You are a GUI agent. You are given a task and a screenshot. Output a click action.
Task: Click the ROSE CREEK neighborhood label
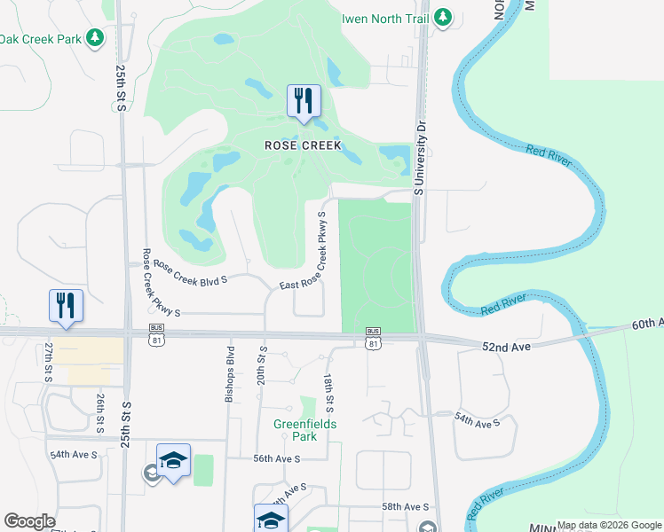pos(303,145)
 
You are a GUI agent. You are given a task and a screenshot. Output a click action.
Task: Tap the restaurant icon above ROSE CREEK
pos(304,101)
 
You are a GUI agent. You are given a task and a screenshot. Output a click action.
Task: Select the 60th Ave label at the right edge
pos(648,324)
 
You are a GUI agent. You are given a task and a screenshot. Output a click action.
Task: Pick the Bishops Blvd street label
pos(229,372)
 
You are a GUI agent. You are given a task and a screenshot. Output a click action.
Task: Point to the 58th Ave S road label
pos(405,506)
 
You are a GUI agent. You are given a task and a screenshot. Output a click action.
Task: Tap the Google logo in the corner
pos(29,521)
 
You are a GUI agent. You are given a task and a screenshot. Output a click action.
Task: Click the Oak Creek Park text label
pos(40,39)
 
